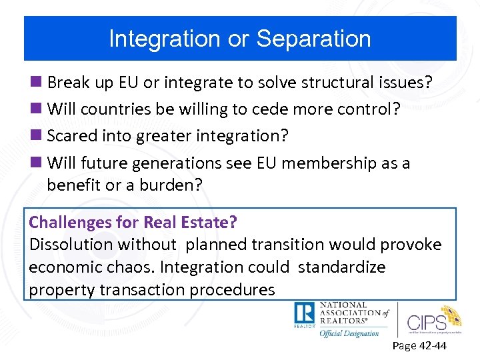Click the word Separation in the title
click(x=313, y=39)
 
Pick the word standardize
click(x=341, y=267)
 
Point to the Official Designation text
click(x=349, y=333)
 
